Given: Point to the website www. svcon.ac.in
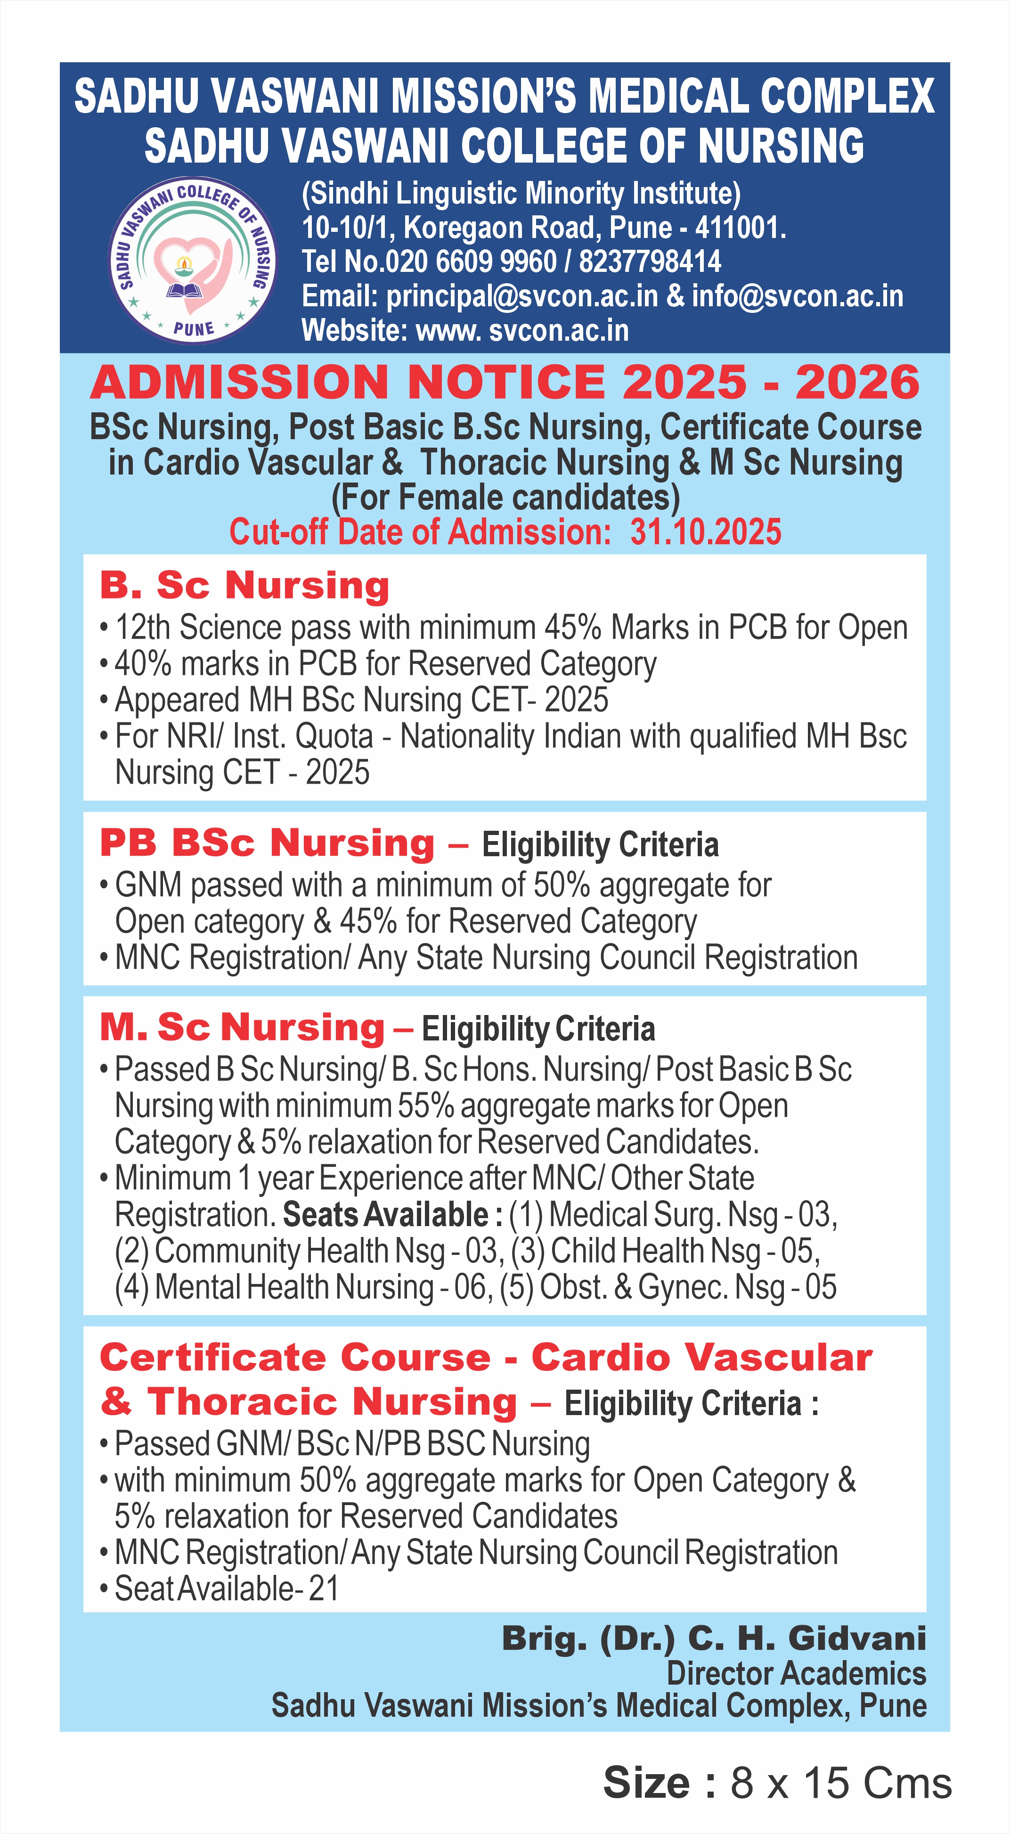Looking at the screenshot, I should coord(522,330).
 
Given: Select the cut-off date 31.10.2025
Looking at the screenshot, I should coord(705,532).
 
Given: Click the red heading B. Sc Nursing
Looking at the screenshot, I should coord(244,585).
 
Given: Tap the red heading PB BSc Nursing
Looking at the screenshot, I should coord(267,843).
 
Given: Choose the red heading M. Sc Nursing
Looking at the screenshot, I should coord(242,1027).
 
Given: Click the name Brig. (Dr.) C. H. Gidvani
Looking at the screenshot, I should coord(714,1639).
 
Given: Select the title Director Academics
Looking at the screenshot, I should coord(796,1674).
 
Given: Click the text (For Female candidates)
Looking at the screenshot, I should coord(505,497).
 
